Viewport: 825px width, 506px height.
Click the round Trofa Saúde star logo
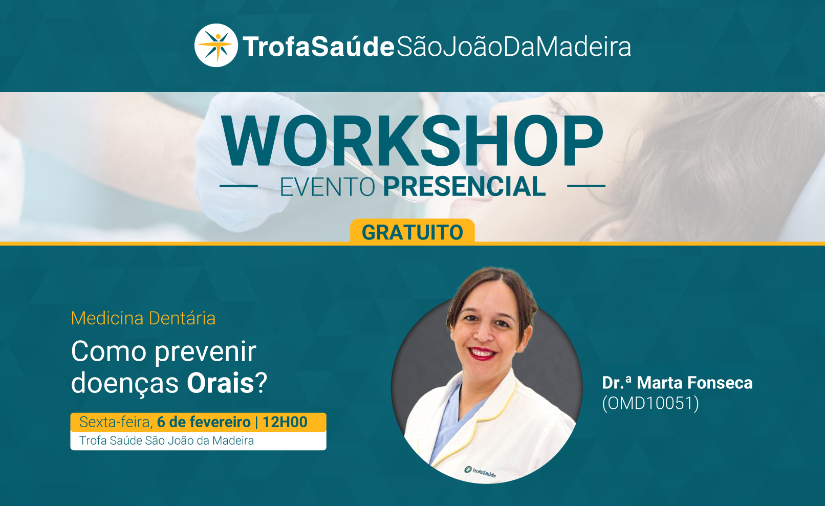tap(216, 46)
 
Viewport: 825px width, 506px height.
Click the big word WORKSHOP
tap(412, 141)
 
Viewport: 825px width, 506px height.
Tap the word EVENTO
tap(328, 187)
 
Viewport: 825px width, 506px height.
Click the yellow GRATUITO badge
tap(412, 231)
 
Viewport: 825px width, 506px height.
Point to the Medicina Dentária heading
tap(143, 318)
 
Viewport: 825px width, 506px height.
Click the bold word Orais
tap(220, 383)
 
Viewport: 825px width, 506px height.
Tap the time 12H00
tap(285, 422)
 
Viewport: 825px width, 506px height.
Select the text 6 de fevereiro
tap(204, 422)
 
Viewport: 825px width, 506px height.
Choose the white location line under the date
tap(198, 441)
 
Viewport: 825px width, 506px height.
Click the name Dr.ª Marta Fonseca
tap(677, 383)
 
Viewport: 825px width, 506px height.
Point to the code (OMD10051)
tap(650, 403)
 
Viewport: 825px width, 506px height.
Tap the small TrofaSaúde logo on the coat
tap(480, 471)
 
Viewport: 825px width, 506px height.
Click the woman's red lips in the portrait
tap(482, 353)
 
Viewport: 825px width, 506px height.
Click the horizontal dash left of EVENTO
tap(238, 186)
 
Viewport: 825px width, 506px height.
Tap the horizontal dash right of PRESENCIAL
tap(586, 186)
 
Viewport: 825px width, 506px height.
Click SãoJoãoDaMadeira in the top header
tap(513, 47)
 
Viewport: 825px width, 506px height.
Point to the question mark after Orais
tap(261, 383)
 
